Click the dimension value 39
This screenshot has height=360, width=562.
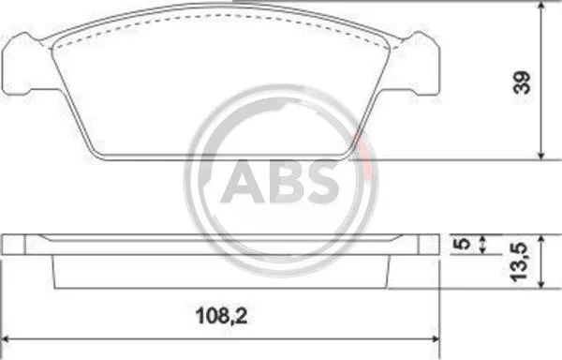coord(522,82)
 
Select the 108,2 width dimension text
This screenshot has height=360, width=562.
coord(221,317)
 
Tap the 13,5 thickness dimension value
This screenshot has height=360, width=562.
coord(519,262)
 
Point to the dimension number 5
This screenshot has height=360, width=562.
coord(465,244)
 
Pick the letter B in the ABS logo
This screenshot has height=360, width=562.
coord(283,182)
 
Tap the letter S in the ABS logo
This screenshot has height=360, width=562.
coord(320,182)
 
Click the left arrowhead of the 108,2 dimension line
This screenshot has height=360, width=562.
coord(6,339)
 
